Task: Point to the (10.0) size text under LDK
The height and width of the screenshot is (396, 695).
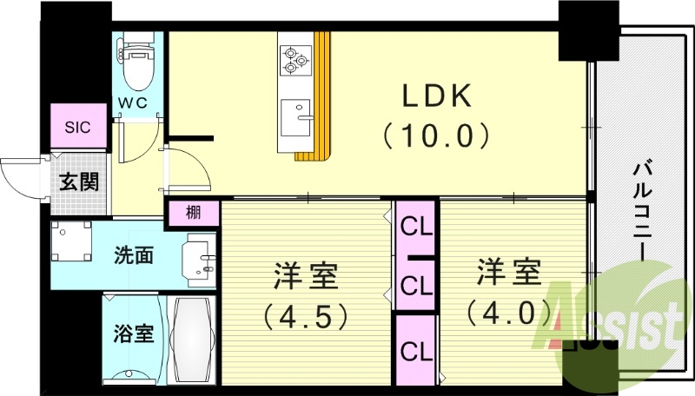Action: click(x=436, y=135)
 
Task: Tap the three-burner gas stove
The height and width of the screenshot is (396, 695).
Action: click(x=295, y=58)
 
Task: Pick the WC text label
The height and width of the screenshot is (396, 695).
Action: click(x=134, y=102)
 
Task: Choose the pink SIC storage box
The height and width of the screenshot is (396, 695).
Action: click(x=77, y=127)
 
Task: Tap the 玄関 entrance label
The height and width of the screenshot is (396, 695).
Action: click(x=78, y=182)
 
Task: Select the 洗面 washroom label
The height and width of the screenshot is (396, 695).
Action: click(x=135, y=255)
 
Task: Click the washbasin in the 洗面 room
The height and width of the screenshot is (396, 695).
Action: click(x=199, y=258)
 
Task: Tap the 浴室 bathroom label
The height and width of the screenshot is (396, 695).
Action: click(x=134, y=333)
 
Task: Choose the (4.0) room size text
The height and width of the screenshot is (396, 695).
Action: click(x=508, y=310)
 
